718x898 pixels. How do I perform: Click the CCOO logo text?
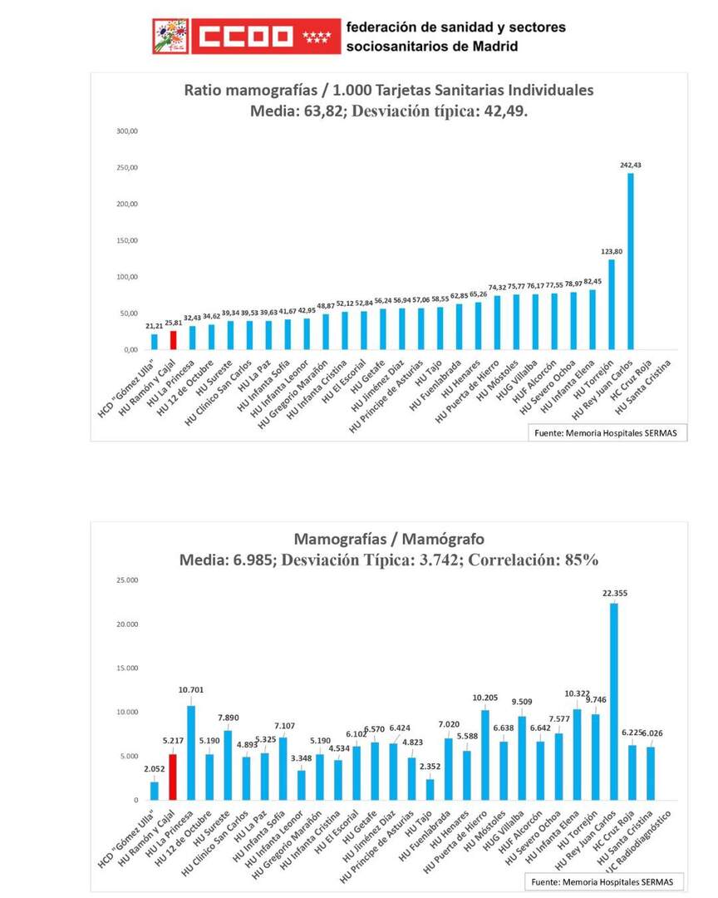point(246,36)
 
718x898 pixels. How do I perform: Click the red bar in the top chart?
point(173,340)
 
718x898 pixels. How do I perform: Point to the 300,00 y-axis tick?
point(125,131)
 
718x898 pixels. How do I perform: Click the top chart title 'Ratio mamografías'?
point(388,90)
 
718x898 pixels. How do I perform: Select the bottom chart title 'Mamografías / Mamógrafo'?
point(388,538)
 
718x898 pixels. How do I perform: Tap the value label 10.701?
point(191,689)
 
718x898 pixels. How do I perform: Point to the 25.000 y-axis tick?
point(127,580)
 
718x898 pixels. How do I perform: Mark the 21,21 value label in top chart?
point(154,326)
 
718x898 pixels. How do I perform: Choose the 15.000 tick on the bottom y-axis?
point(127,669)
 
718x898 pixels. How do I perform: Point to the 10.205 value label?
point(485,697)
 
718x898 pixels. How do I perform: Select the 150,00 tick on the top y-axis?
point(125,240)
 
